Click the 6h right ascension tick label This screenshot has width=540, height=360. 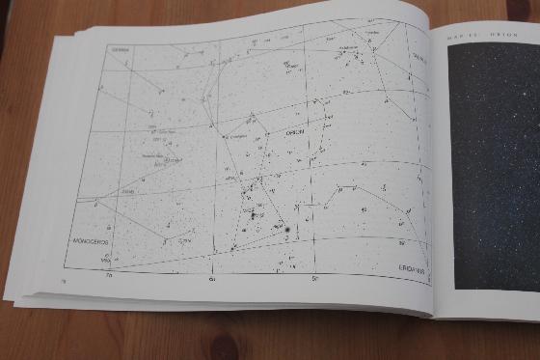pyautogui.click(x=212, y=279)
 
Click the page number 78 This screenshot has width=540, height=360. pyautogui.click(x=49, y=281)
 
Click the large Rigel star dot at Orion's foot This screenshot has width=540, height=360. pyautogui.click(x=288, y=229)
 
